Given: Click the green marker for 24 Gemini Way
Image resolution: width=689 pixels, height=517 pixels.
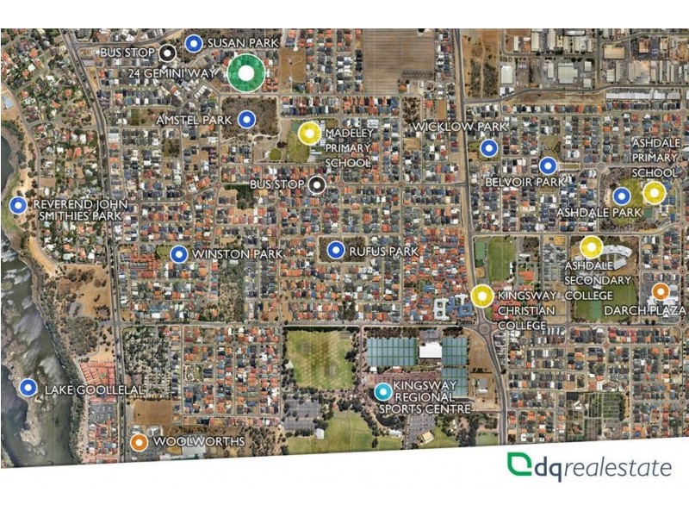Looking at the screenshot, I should (x=245, y=73).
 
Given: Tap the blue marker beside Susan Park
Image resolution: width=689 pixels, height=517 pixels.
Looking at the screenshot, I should (x=194, y=42).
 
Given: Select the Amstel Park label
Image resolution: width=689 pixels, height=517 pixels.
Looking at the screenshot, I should (x=194, y=120).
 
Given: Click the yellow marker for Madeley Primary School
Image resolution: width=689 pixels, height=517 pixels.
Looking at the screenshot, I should (x=309, y=133).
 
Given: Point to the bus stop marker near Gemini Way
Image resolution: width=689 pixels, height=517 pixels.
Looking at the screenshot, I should (x=168, y=53).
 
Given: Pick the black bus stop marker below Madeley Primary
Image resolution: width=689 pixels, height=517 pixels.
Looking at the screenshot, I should (x=317, y=184).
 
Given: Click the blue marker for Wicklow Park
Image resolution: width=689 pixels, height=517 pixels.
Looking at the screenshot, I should (x=489, y=148).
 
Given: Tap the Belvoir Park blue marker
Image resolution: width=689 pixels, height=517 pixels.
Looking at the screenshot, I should (x=548, y=165).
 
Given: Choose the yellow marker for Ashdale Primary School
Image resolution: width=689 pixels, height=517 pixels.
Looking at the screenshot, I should (x=654, y=192).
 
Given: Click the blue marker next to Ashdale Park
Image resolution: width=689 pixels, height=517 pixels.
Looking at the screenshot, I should (x=620, y=196).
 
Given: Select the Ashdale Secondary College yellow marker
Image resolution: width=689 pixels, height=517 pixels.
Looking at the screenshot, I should (x=591, y=247).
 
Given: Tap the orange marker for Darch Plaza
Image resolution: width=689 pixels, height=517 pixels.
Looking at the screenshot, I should (x=661, y=291).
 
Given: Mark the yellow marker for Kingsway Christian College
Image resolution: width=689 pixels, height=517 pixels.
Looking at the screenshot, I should (x=481, y=296).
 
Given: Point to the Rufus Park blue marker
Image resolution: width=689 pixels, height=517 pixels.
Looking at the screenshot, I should (x=336, y=251).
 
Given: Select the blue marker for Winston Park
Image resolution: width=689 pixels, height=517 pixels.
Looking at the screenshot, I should (x=178, y=254).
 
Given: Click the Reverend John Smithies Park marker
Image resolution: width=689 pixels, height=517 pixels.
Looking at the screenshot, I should (x=18, y=205).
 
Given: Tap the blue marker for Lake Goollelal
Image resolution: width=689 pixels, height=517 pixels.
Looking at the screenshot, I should (x=28, y=388).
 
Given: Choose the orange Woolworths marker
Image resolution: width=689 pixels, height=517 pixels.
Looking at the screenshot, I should (x=139, y=442).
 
